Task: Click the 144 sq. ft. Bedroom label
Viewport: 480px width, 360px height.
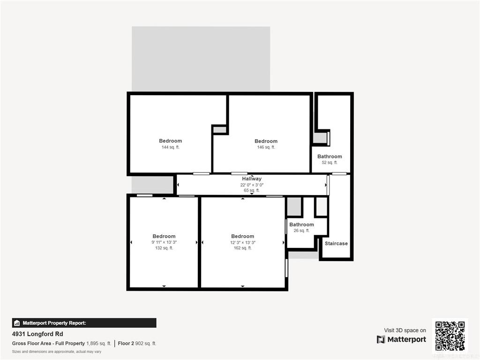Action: tap(171, 141)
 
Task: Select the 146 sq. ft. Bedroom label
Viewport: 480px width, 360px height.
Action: tap(266, 141)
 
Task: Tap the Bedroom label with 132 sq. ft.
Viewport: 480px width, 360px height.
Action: tap(164, 236)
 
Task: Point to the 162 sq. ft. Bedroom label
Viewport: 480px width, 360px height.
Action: tap(242, 236)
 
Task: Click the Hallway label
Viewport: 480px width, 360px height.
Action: tap(252, 179)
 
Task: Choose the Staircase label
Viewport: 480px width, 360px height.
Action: tap(336, 244)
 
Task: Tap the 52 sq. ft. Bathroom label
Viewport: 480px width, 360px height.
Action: tap(330, 157)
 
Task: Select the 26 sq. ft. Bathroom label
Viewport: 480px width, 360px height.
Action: tap(301, 225)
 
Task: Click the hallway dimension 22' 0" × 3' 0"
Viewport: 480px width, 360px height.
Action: tap(252, 185)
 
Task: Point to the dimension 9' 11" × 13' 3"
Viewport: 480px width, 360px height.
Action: tap(164, 242)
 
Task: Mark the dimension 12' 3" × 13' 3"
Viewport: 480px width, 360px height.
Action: tap(243, 242)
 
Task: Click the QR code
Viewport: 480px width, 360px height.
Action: tap(450, 336)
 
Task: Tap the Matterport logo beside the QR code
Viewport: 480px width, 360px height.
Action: tap(401, 339)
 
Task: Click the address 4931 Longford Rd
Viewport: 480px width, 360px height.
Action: tap(37, 334)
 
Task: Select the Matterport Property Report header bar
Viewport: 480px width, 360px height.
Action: tap(84, 323)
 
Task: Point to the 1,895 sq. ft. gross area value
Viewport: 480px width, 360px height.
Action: tap(98, 344)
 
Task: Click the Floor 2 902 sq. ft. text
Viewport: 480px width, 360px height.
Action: tap(137, 344)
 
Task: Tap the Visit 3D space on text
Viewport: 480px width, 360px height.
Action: tap(405, 330)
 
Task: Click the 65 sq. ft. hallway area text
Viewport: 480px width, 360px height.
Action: tap(252, 190)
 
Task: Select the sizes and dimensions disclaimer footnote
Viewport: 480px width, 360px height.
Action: tap(57, 352)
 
